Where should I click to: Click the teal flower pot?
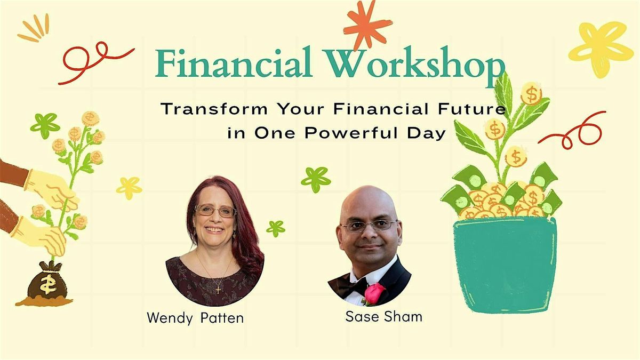[x=505, y=262]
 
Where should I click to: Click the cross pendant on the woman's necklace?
[x=218, y=290]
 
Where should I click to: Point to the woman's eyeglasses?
[x=215, y=211]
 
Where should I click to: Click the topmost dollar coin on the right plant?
[x=531, y=94]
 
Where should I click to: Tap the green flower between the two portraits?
[x=316, y=179]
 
